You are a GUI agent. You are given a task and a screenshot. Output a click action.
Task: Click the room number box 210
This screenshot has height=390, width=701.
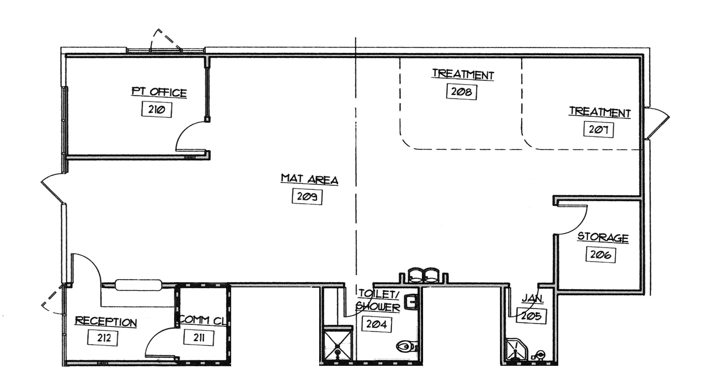point(156,109)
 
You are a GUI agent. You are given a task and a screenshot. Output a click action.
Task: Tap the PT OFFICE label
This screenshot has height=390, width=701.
point(159,92)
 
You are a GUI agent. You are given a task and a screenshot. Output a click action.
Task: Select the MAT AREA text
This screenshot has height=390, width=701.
point(309,179)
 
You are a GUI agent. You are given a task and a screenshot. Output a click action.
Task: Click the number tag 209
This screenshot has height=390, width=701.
point(307,197)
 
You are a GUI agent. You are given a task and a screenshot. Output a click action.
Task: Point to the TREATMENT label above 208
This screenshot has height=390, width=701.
point(463,74)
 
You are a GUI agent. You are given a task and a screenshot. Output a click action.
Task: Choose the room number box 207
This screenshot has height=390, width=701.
point(598,129)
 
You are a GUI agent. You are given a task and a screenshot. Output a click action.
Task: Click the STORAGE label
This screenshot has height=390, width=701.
point(603,237)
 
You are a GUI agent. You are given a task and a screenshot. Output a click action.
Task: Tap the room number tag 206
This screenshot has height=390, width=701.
point(600,254)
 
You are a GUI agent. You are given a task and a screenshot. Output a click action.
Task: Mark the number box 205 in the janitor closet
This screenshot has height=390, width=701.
point(531,316)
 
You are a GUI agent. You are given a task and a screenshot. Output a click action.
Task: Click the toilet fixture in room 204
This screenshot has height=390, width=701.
point(406,347)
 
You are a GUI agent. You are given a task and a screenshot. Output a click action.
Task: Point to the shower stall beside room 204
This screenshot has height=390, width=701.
point(337,344)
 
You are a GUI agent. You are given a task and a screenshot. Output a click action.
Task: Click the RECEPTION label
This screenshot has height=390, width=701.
point(106,321)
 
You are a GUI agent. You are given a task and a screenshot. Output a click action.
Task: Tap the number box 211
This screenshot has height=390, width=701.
point(199,338)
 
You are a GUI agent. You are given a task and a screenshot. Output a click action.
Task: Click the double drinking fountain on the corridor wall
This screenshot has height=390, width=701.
point(423,275)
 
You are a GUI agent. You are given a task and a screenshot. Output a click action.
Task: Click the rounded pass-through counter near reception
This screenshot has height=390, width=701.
point(139,285)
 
